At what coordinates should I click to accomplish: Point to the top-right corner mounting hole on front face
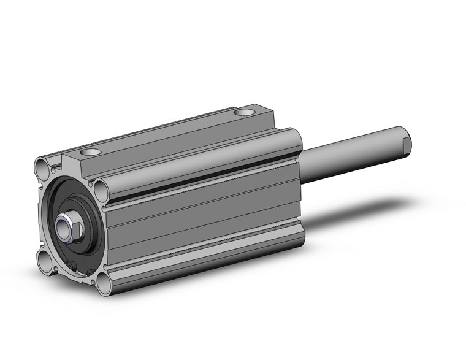[101, 191]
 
